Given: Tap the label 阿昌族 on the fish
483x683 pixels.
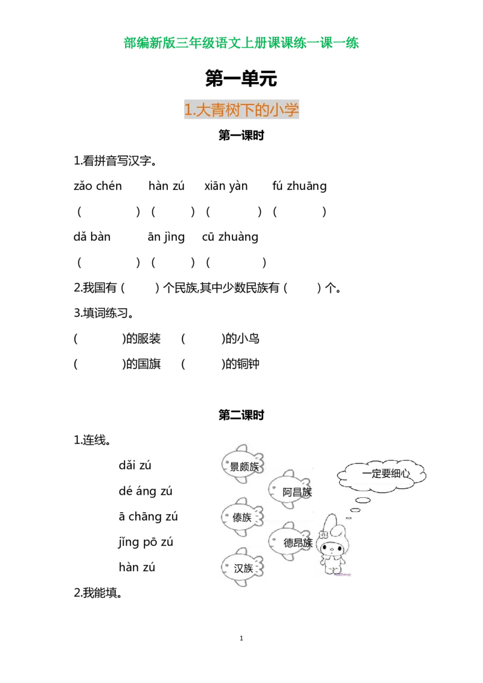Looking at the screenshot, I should [x=297, y=492].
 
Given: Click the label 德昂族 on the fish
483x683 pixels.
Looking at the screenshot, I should [x=298, y=542].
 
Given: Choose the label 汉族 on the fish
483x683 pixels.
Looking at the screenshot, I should [x=243, y=568].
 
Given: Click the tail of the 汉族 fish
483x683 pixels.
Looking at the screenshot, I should [x=261, y=568].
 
